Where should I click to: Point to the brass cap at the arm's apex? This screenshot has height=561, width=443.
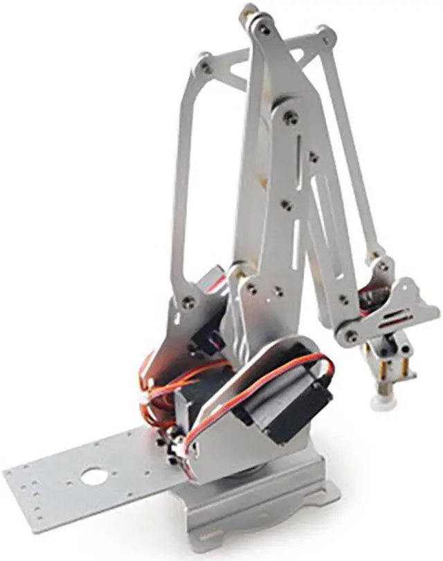248,12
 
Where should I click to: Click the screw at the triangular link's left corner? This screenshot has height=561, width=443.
206,68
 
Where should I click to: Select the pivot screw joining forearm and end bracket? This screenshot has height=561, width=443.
352,336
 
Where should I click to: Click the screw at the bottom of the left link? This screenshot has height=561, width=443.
188,301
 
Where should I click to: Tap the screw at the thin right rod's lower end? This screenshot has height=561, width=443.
382,266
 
